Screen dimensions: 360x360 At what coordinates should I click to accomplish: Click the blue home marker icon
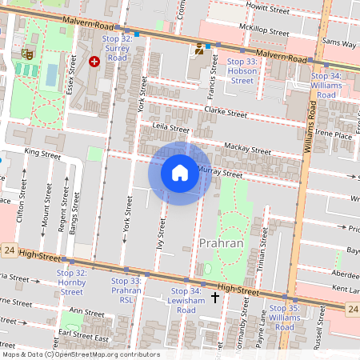[180, 173]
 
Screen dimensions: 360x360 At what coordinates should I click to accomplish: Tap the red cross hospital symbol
[94, 61]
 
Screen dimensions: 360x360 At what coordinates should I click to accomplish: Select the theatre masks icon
[27, 55]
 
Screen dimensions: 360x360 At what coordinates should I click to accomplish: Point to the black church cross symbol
[214, 298]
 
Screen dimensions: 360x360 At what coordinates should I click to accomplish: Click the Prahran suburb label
[221, 242]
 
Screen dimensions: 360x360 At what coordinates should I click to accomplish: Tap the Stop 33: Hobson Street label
[242, 70]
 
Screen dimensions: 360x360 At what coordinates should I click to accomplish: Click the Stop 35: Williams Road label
[285, 312]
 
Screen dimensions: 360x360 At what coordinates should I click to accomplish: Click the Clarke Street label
[226, 112]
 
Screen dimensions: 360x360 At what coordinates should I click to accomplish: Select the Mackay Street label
[248, 149]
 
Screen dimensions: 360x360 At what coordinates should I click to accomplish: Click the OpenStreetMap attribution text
[80, 354]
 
